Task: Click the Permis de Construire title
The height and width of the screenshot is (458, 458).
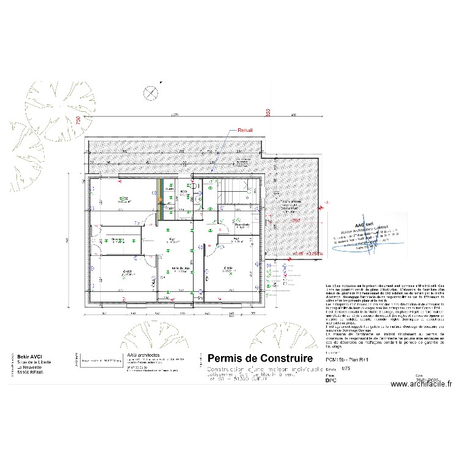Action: pyautogui.click(x=261, y=358)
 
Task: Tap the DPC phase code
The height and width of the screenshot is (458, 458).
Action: pyautogui.click(x=331, y=380)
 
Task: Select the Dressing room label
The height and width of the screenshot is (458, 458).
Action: pyautogui.click(x=118, y=239)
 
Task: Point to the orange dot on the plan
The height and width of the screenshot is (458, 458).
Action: pyautogui.click(x=161, y=201)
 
